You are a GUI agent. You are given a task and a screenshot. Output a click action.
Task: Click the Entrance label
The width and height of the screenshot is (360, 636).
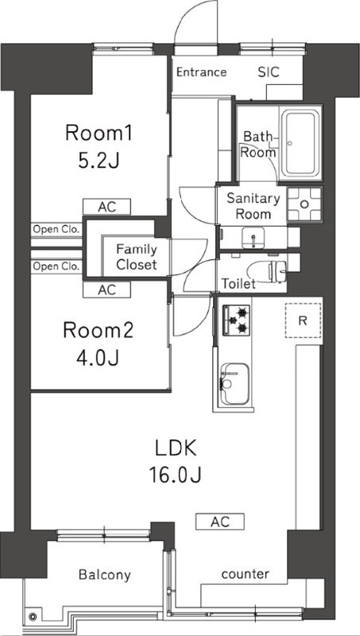coord(201,72)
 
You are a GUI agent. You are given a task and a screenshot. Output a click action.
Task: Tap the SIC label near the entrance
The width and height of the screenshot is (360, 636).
coord(268,72)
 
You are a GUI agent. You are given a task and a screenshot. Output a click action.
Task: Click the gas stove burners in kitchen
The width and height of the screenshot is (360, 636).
coord(235,319)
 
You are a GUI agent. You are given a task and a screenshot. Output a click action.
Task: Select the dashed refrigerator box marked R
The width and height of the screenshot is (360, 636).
coord(302,321)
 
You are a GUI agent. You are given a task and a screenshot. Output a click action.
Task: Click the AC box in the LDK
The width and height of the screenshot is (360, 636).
coord(220,522)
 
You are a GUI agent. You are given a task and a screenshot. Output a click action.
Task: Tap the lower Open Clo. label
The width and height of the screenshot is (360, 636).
coord(56,266)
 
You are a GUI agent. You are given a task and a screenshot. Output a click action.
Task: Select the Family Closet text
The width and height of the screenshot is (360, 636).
coord(137,256)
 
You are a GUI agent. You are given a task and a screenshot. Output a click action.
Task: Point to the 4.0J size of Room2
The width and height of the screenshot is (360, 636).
coord(98,358)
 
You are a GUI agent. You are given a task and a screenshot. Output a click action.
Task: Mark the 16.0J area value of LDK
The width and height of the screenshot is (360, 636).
coord(176,475)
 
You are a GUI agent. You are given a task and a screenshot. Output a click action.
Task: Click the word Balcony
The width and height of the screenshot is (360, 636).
coord(104,575)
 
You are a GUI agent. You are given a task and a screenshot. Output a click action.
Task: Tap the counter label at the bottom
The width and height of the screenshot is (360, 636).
coord(245,574)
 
